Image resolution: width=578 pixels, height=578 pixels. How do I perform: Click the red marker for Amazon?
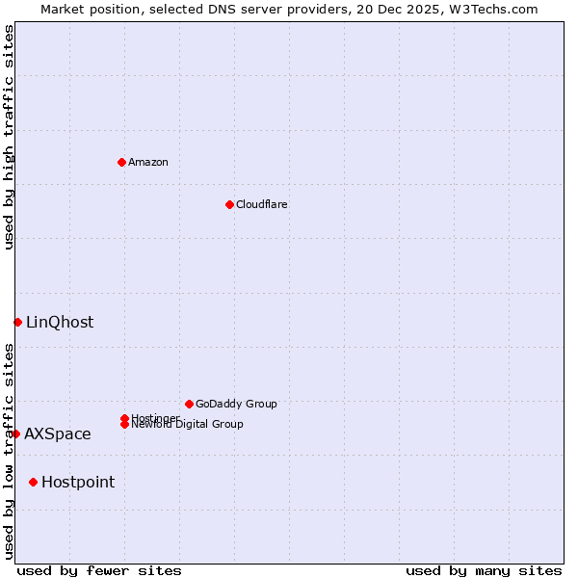[121, 162]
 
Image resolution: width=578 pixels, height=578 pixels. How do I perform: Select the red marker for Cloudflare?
[229, 204]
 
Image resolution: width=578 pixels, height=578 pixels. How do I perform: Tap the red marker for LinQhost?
[17, 322]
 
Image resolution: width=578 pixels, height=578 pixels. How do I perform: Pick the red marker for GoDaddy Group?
[189, 404]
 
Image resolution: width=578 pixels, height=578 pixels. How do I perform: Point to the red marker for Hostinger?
[124, 418]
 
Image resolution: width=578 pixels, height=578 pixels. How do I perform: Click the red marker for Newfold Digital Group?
[124, 425]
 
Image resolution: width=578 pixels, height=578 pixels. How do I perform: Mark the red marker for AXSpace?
[15, 433]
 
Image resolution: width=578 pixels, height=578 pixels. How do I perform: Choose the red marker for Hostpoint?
[33, 482]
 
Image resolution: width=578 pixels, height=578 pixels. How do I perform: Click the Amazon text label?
[148, 162]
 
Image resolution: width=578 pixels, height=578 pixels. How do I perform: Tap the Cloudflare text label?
[262, 204]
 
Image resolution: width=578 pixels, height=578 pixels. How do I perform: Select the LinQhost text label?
[60, 322]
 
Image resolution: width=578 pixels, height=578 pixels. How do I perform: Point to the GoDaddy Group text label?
[236, 404]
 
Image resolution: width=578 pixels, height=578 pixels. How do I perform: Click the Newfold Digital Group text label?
[189, 425]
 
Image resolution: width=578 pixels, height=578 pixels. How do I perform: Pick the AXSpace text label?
[58, 433]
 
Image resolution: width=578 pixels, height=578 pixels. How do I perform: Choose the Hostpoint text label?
[78, 482]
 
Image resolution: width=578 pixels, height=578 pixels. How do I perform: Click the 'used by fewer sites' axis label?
[99, 570]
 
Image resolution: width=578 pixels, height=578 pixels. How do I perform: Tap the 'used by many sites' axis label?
[484, 570]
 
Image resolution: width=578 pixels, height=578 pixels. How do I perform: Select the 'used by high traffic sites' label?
[9, 137]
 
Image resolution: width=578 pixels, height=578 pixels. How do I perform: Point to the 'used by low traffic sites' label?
[9, 451]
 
